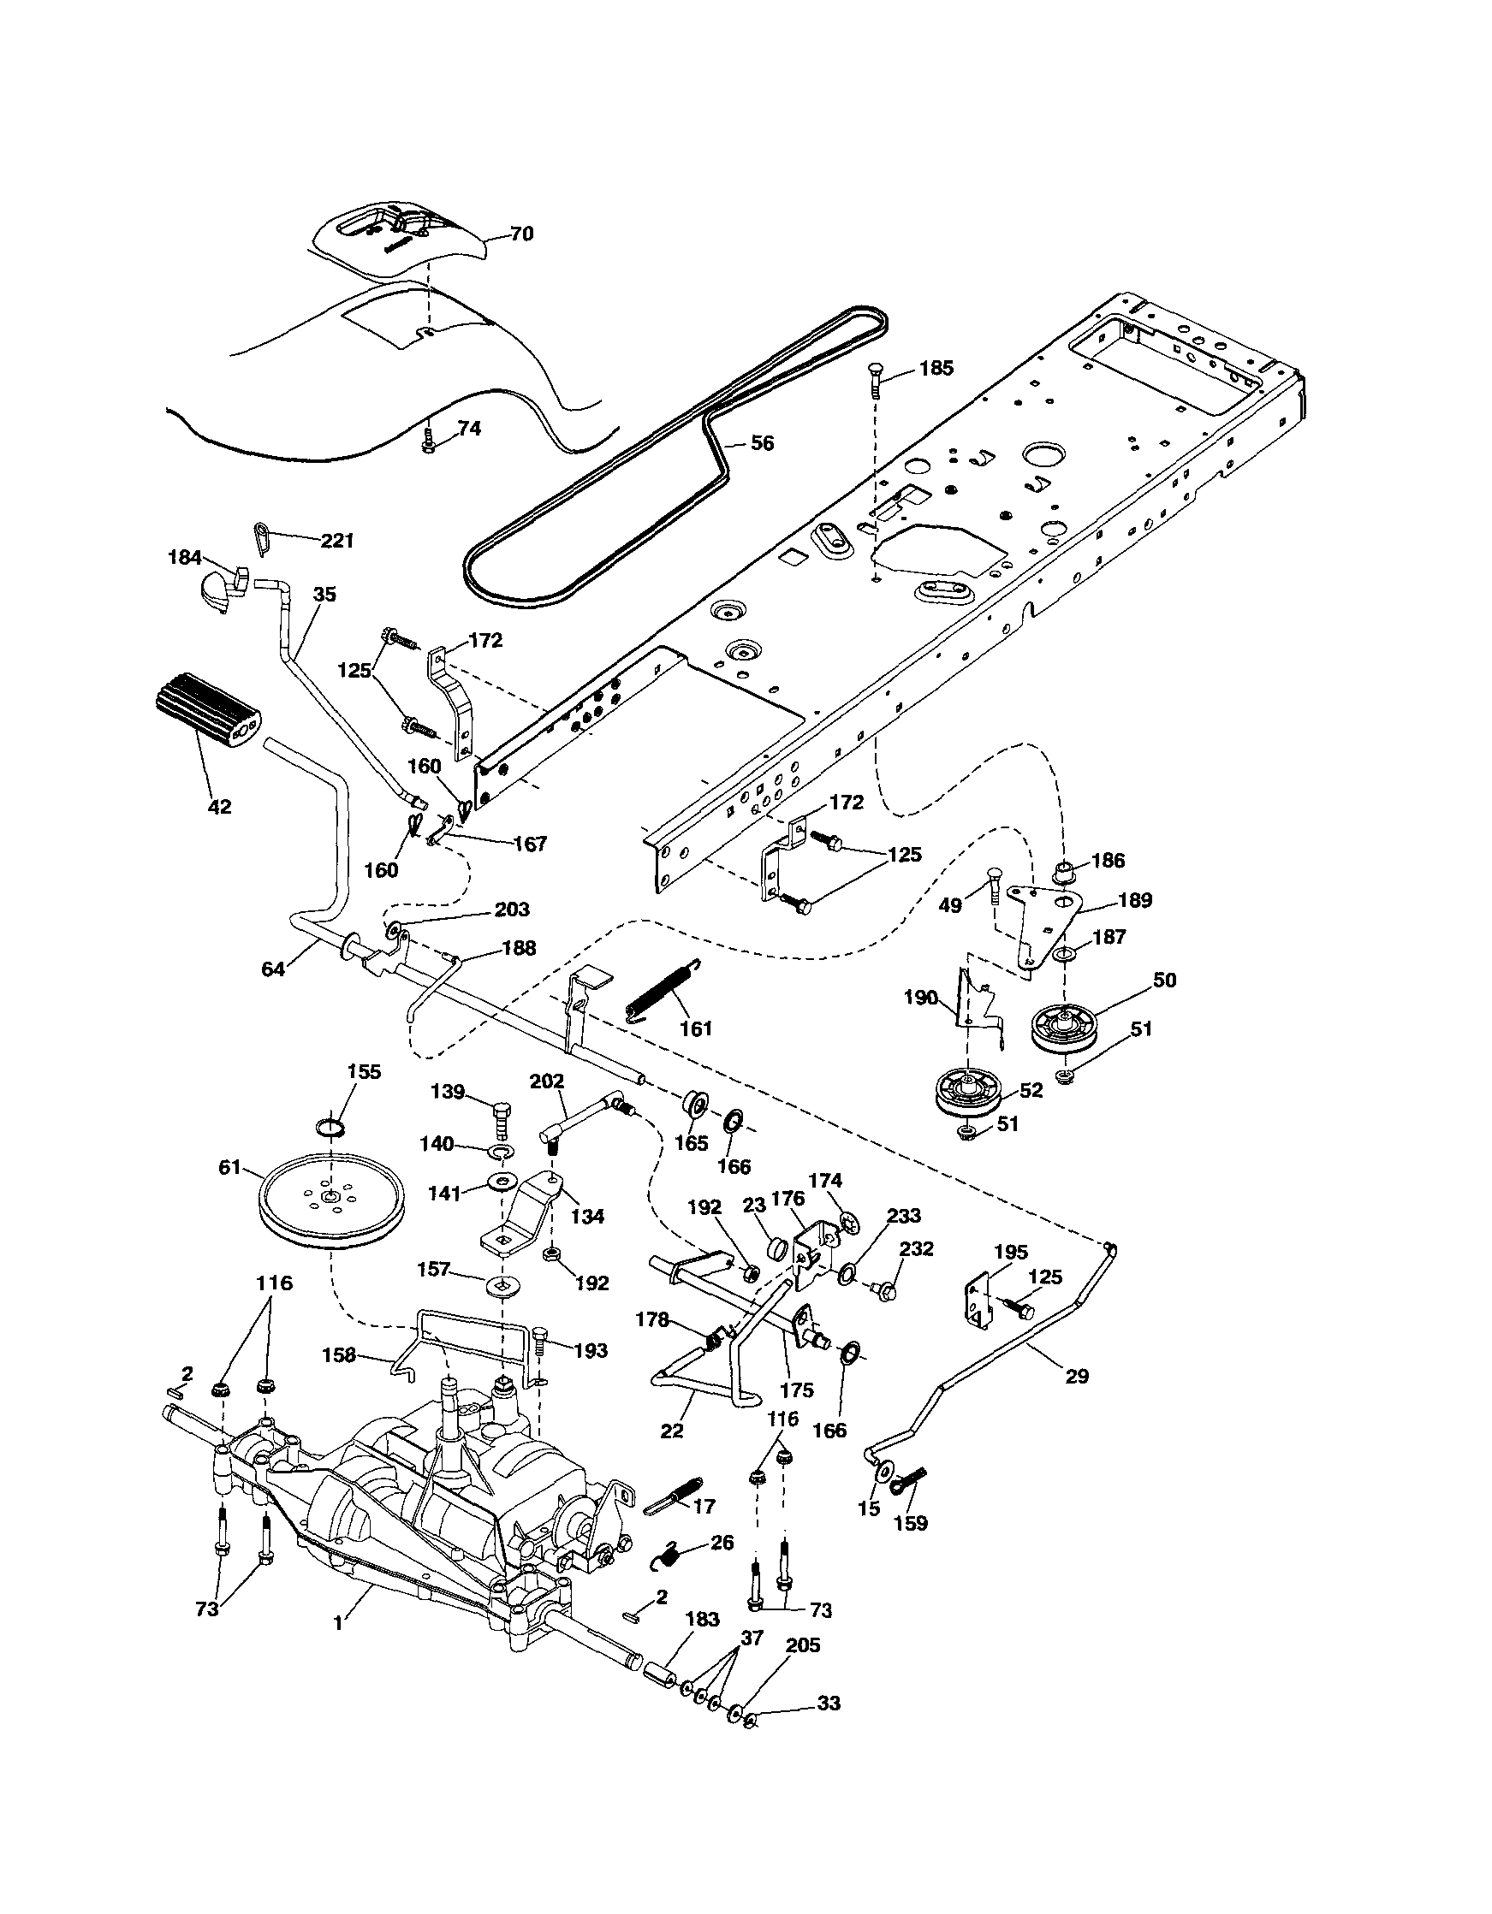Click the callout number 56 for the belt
point(762,443)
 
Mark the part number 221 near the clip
point(336,541)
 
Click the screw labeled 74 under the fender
point(428,438)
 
